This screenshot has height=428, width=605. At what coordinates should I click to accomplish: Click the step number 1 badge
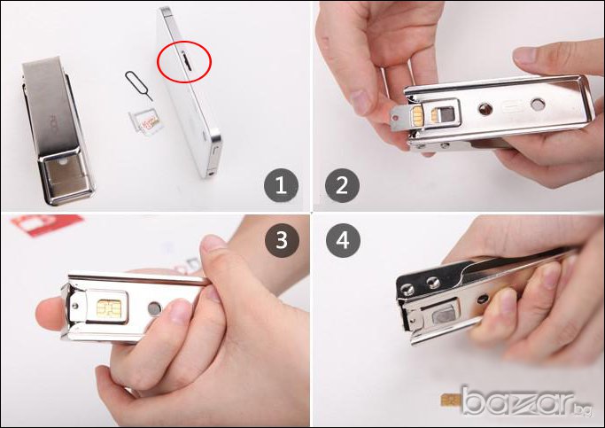coord(281,185)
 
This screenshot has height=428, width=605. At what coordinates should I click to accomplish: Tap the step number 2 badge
coord(342,185)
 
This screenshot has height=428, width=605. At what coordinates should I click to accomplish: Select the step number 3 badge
coord(282,240)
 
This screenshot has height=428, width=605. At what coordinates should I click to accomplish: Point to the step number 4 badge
coord(343,240)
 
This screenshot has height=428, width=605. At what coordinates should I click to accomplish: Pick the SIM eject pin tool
coord(139,86)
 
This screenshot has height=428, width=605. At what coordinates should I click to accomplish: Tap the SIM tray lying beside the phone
coord(146,121)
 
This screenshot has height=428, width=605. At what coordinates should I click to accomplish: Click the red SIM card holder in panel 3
coord(47,224)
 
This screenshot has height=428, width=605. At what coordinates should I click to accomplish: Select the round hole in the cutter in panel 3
coord(155,308)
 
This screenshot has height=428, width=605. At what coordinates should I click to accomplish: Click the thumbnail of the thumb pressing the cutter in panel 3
coord(213,243)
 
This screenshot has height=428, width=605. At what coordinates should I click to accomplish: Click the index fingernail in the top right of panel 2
coord(525,55)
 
